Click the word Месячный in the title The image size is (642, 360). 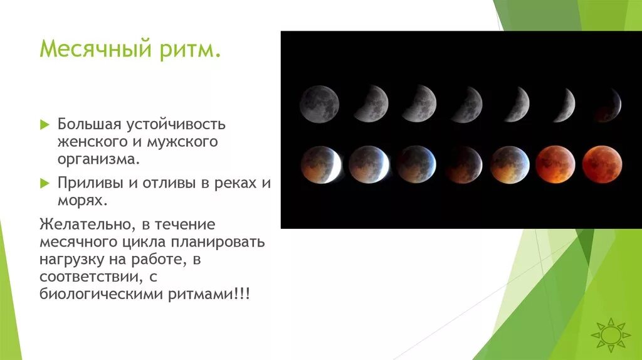pyautogui.click(x=88, y=48)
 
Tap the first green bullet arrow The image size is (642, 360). pyautogui.click(x=44, y=125)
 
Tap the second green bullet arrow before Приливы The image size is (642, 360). pyautogui.click(x=44, y=184)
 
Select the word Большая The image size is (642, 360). pyautogui.click(x=88, y=124)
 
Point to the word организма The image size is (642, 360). pyautogui.click(x=97, y=159)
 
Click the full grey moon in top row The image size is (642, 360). pyautogui.click(x=319, y=103)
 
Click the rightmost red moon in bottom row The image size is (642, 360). pyautogui.click(x=602, y=164)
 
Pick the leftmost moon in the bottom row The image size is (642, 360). pyautogui.click(x=320, y=164)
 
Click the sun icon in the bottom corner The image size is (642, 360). pyautogui.click(x=609, y=334)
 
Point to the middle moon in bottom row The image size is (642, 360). pyautogui.click(x=463, y=164)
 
